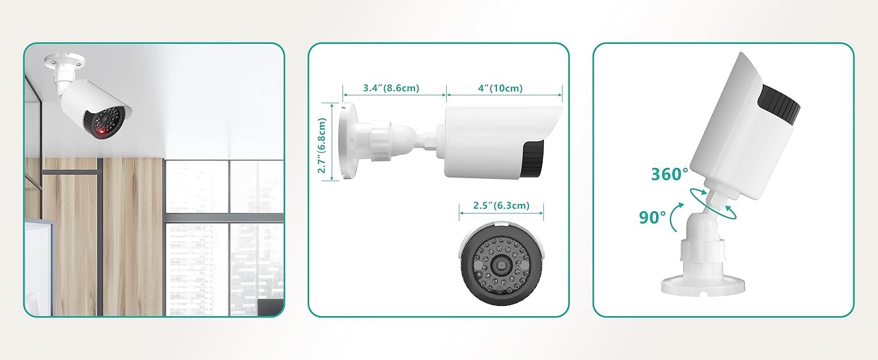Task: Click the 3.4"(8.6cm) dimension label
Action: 391,88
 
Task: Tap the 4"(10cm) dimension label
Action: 500,88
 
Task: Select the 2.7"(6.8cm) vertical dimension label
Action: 322,145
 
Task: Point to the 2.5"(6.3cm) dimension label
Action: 501,205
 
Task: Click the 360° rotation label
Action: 669,174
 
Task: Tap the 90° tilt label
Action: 653,217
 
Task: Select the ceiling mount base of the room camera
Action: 65,61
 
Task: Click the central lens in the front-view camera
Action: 501,266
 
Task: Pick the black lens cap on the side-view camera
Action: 533,158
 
